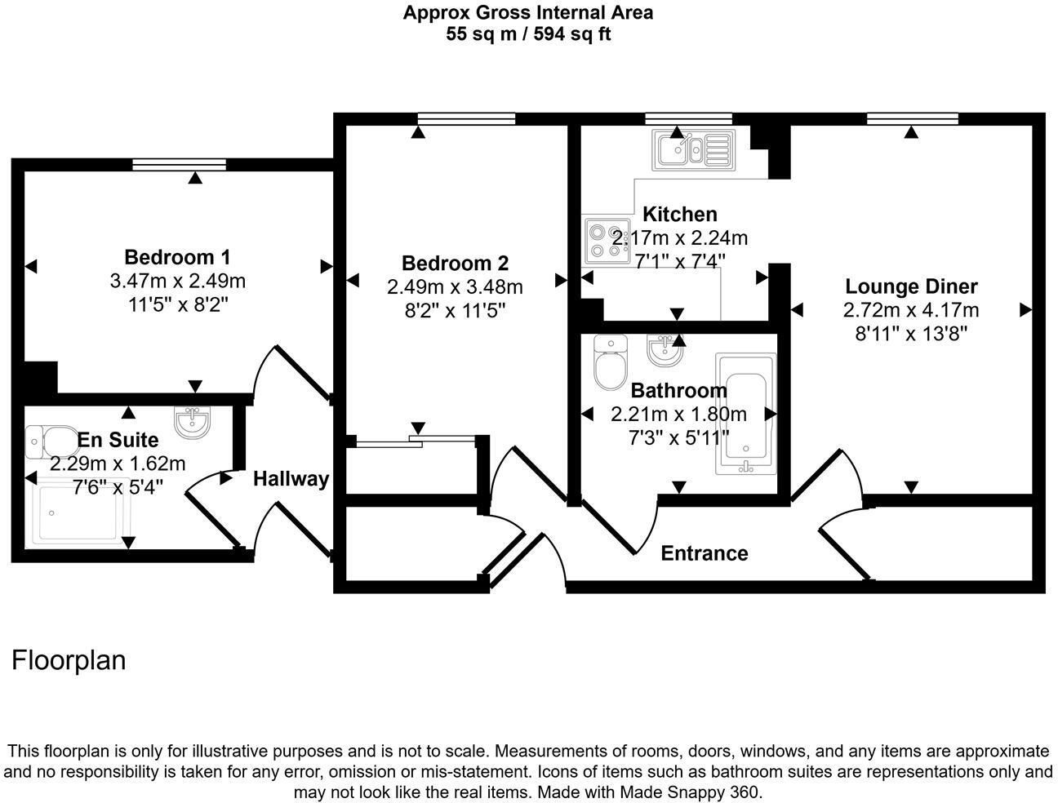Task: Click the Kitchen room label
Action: coord(680,214)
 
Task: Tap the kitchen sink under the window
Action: coord(694,150)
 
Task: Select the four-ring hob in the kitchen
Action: coord(607,242)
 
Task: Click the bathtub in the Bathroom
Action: coord(745,414)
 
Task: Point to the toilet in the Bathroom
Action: coord(610,362)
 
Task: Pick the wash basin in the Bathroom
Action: coord(665,350)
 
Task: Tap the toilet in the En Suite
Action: coord(51,441)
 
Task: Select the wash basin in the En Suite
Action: coord(193,422)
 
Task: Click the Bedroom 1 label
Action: coord(177,257)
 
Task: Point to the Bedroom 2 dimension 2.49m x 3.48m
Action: coord(455,287)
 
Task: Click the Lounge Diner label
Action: coord(911,286)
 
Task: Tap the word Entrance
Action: coord(705,553)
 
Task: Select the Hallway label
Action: coord(291,479)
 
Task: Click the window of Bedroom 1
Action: coord(180,165)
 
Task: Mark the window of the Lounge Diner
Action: coord(912,118)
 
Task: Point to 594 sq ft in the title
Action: coord(572,34)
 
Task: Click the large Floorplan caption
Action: coord(69,660)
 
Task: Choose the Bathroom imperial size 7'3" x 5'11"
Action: coord(678,438)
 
